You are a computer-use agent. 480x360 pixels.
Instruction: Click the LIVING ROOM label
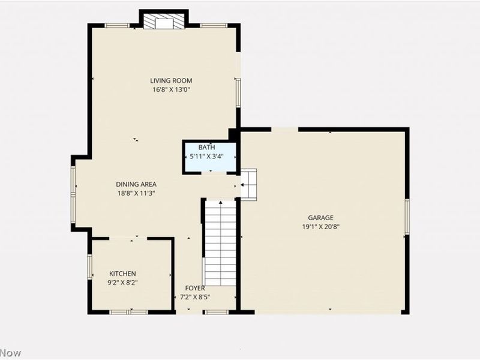[171, 80]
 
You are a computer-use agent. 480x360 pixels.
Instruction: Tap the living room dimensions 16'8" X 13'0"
[171, 90]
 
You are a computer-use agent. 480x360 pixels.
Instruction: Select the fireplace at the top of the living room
[164, 22]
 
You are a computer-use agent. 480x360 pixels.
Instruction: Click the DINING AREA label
[136, 184]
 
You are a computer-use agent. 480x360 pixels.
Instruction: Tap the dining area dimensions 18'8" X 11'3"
[136, 193]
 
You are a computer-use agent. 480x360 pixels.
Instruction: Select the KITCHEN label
[122, 274]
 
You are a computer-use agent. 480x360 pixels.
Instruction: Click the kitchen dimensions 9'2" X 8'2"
[123, 283]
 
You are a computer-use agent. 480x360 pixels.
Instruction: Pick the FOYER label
[195, 288]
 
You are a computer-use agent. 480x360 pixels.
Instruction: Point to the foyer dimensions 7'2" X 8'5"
[195, 297]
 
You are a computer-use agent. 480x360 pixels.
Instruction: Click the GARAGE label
[321, 218]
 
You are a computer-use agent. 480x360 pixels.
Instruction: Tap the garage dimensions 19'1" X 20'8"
[321, 227]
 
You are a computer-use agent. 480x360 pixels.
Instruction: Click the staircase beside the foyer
[220, 243]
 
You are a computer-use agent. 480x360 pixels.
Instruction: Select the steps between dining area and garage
[248, 185]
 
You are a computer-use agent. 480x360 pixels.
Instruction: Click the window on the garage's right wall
[407, 217]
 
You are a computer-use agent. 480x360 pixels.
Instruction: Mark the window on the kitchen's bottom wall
[129, 312]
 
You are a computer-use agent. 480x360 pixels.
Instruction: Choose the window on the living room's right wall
[238, 92]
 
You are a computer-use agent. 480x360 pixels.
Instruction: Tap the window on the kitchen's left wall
[89, 266]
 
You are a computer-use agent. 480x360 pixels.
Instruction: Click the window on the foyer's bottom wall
[215, 312]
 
